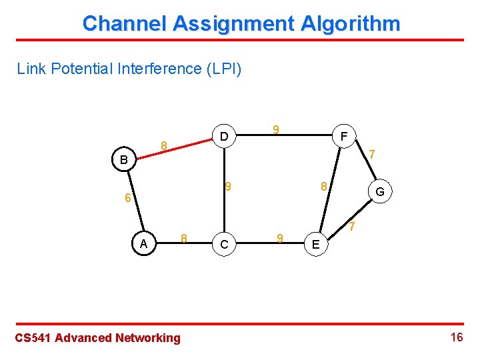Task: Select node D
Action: (225, 137)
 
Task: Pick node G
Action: (379, 192)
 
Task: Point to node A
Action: (143, 244)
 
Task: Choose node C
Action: (225, 245)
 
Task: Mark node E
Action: (315, 245)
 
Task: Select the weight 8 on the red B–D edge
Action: (163, 144)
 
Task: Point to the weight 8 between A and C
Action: (185, 237)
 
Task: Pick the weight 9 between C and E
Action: (280, 237)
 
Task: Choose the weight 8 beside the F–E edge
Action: (323, 187)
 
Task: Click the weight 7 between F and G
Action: (373, 154)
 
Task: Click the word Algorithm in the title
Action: (351, 24)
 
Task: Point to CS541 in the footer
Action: (33, 338)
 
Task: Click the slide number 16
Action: (457, 337)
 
